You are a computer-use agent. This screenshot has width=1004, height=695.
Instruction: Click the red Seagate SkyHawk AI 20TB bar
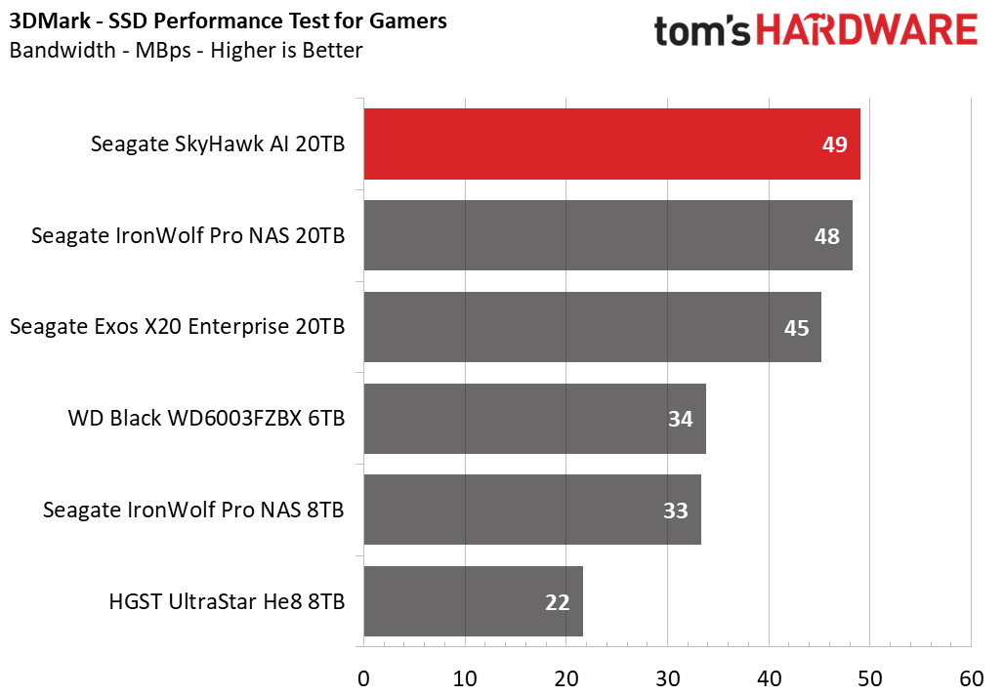click(612, 144)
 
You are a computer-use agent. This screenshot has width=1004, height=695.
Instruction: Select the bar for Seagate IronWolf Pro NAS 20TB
click(608, 235)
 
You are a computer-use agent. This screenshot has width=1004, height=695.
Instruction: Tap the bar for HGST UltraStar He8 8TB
click(473, 601)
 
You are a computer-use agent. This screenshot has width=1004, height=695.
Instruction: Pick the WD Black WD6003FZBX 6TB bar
click(534, 419)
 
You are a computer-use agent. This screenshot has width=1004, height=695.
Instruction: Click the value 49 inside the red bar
click(835, 144)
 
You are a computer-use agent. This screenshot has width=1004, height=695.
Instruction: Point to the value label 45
click(797, 328)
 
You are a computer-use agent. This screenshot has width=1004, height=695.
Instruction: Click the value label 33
click(676, 511)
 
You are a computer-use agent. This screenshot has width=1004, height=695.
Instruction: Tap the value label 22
click(557, 602)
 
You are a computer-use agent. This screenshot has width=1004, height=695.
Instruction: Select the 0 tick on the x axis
click(363, 678)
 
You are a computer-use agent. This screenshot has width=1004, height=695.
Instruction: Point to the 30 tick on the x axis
click(668, 678)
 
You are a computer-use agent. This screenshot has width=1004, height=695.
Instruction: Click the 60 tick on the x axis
click(972, 678)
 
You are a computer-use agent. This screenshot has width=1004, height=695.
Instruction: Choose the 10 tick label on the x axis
click(465, 678)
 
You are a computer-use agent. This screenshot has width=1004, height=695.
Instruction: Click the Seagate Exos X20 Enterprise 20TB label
click(178, 327)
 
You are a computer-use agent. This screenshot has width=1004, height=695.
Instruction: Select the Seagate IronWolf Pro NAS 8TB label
click(193, 511)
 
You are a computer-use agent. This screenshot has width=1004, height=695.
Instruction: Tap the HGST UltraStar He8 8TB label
click(227, 601)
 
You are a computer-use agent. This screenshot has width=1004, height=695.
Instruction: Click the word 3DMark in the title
click(50, 21)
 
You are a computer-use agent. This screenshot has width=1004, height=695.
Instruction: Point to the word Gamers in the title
click(408, 21)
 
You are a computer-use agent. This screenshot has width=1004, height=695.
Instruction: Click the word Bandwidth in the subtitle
click(63, 50)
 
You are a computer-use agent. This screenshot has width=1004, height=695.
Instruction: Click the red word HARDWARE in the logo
click(867, 30)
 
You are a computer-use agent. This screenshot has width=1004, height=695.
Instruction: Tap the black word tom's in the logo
click(702, 31)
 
